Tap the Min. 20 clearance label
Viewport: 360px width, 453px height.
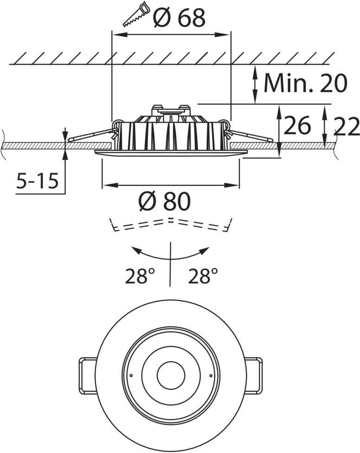[x=305, y=83]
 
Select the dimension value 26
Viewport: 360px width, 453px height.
[x=297, y=126]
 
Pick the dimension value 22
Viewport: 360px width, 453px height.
[x=347, y=126]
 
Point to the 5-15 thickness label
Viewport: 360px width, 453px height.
[x=38, y=181]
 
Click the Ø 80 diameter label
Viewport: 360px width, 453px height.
[x=165, y=201]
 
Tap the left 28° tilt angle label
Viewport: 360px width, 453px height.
[x=139, y=277]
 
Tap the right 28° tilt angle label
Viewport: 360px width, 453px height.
[x=203, y=277]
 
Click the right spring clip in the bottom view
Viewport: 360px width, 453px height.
[x=253, y=375]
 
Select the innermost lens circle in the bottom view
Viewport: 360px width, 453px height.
[x=171, y=375]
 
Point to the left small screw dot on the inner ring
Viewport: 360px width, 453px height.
[x=131, y=375]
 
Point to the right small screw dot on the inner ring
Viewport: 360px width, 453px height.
[x=211, y=375]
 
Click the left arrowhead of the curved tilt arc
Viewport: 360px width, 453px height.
[x=136, y=250]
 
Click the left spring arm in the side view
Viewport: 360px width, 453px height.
[x=90, y=135]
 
